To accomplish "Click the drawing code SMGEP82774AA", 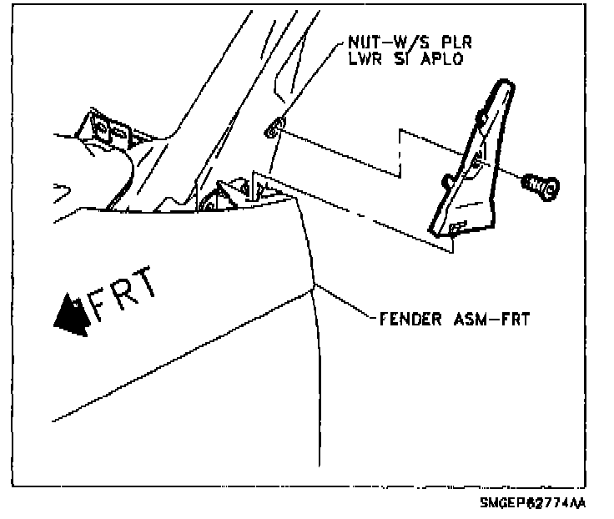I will click(531, 504).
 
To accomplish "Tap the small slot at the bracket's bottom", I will click(455, 226).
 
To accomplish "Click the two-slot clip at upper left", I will click(107, 128).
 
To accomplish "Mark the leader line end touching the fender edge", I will click(314, 287).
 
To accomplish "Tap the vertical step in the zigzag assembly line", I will click(401, 153).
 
